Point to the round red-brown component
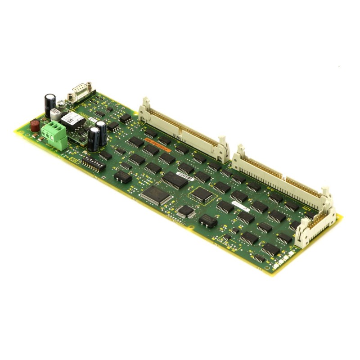tap(35, 126)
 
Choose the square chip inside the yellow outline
tap(201, 195)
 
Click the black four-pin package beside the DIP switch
tap(122, 176)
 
